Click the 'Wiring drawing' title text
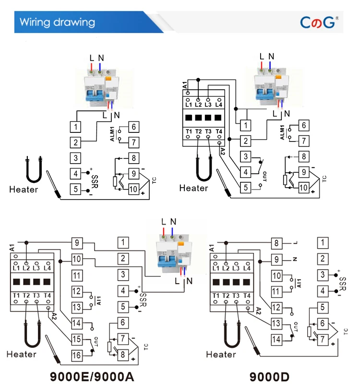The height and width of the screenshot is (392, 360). click(x=57, y=22)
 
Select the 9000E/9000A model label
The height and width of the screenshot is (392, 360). click(x=92, y=377)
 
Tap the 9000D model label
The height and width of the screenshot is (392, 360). click(x=269, y=377)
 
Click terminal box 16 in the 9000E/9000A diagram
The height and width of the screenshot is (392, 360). click(x=77, y=355)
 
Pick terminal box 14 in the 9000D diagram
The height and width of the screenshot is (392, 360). click(x=276, y=339)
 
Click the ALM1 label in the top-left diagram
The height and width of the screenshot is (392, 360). click(x=112, y=134)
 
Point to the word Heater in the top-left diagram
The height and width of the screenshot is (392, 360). click(x=24, y=190)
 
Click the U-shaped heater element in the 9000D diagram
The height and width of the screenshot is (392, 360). click(x=232, y=334)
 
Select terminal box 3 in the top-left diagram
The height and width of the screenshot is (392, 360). click(x=75, y=158)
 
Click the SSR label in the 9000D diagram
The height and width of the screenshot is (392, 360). click(x=343, y=284)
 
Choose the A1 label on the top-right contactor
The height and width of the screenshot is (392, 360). click(x=185, y=85)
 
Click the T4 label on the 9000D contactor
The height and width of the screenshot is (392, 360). click(x=247, y=296)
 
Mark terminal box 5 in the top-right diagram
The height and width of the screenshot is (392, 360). click(x=246, y=188)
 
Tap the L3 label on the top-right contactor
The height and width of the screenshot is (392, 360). click(x=208, y=105)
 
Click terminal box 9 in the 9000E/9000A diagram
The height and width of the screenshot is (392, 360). click(x=77, y=243)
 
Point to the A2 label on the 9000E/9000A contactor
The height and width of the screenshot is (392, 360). click(x=54, y=316)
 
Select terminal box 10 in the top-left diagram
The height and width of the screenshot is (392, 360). click(x=133, y=189)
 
